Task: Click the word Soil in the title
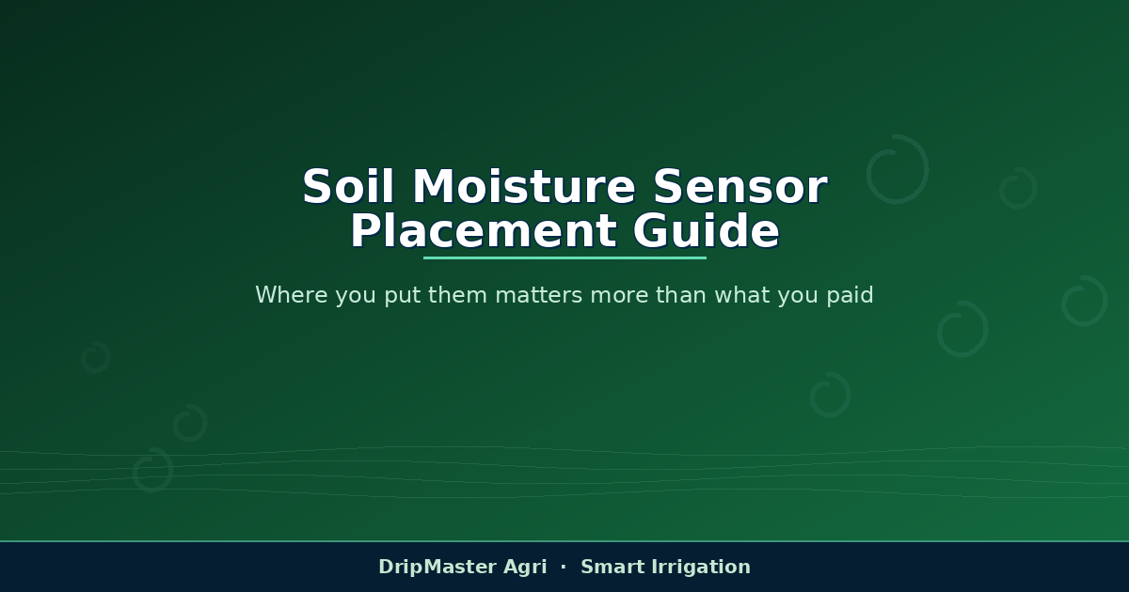coord(348,186)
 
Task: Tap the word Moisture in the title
coord(524,186)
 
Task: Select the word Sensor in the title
coord(740,186)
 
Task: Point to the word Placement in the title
coord(483,230)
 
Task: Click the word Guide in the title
coord(707,230)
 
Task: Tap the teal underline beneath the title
coord(564,257)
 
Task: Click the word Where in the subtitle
coord(292,294)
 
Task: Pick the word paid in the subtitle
coord(850,296)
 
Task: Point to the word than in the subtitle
coord(681,294)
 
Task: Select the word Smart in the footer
coord(612,567)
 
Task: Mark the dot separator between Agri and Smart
coord(564,567)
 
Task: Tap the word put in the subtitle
coord(403,296)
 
